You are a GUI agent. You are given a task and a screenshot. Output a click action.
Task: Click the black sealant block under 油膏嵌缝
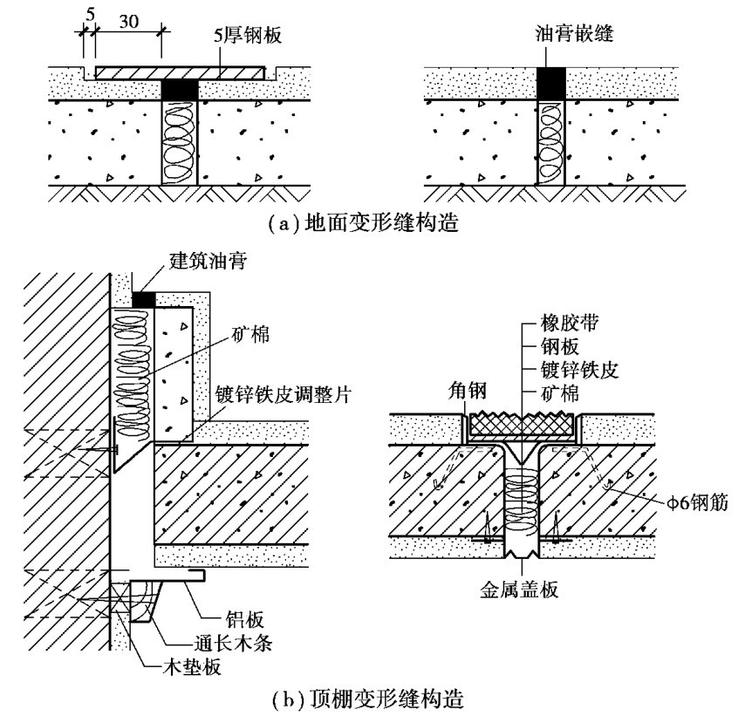click(550, 82)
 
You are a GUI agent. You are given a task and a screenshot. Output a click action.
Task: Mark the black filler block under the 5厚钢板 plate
click(181, 89)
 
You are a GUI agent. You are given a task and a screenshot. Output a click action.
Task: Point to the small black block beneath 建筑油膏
click(142, 299)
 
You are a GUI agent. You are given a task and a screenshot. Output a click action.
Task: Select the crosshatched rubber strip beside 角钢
click(523, 425)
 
